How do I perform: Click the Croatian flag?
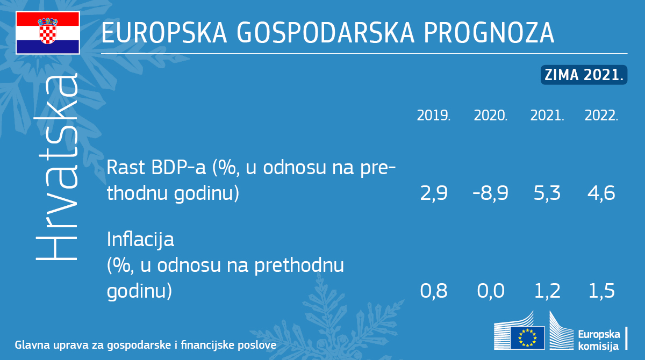click(48, 33)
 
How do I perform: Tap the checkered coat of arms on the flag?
click(48, 31)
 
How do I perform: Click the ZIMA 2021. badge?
click(584, 75)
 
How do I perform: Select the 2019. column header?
click(434, 116)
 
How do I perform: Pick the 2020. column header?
click(490, 116)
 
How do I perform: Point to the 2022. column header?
click(601, 116)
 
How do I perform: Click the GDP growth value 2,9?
click(434, 193)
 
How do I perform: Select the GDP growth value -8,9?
click(490, 193)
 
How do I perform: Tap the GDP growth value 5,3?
click(547, 193)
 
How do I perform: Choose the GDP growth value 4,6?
click(601, 193)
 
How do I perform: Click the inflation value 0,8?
click(434, 291)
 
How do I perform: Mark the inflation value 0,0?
click(491, 291)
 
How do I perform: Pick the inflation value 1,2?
click(547, 291)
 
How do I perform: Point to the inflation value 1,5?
click(601, 291)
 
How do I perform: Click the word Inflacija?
click(140, 240)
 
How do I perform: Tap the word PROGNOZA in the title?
click(489, 33)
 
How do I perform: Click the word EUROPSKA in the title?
click(164, 33)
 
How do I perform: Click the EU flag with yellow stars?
click(527, 337)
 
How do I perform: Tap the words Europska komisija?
click(599, 340)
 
